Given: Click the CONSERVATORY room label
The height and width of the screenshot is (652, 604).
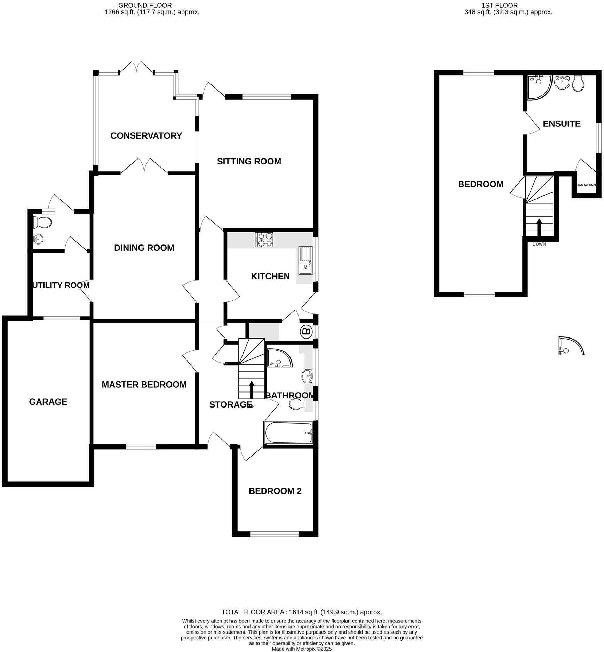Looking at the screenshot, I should [x=146, y=136].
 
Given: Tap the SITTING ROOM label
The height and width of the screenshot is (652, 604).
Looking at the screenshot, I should [x=249, y=162].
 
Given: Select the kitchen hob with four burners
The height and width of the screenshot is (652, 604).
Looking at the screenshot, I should [x=264, y=240].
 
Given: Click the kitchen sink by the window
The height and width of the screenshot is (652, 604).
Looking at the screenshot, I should [x=305, y=261].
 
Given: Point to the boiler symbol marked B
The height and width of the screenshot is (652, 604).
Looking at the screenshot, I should [x=306, y=331].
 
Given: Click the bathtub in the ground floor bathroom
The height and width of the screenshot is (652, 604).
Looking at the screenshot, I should [x=288, y=433].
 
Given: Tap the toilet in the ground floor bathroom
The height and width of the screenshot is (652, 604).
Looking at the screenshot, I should [x=297, y=404].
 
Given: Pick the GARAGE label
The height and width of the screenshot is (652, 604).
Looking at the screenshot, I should [x=48, y=402].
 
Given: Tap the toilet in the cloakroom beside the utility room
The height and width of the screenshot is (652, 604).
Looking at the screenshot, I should [x=42, y=222].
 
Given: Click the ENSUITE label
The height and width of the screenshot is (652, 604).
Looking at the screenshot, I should [x=562, y=124].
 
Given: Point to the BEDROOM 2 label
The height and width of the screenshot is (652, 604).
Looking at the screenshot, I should [x=275, y=491].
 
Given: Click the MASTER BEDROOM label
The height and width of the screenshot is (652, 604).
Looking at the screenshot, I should [x=144, y=385].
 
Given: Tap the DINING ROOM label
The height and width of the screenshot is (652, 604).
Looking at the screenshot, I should [x=144, y=248].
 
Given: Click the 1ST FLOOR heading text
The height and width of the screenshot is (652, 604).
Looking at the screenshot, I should [x=499, y=5].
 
